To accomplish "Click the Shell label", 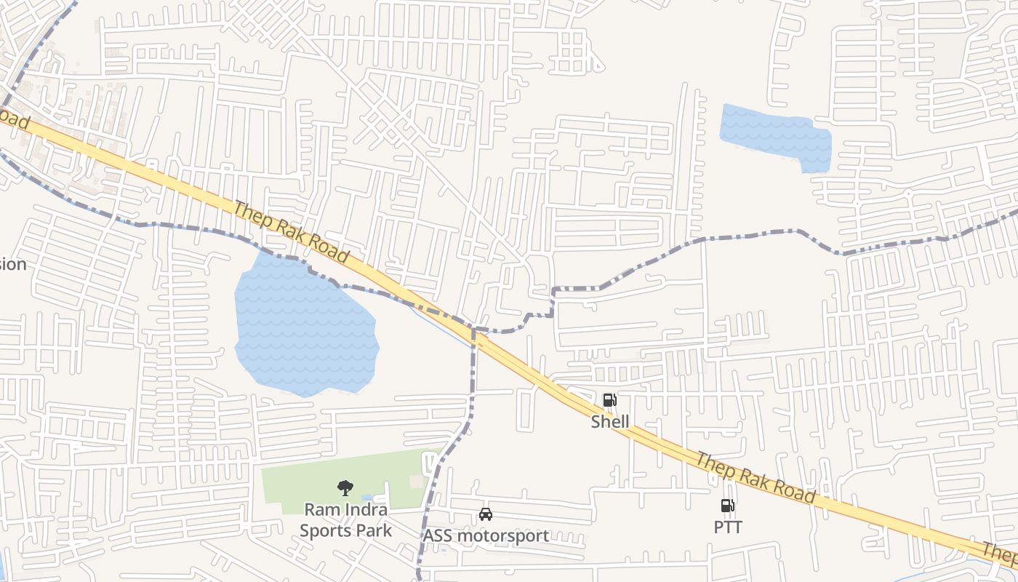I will click(609, 422).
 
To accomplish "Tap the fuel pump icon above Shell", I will click(609, 399).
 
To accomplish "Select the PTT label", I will click(727, 527).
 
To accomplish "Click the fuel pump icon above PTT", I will click(727, 505).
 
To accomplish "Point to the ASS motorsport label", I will click(486, 536).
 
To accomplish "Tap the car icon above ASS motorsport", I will click(486, 514).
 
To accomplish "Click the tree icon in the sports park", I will click(345, 487).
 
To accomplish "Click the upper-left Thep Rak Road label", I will click(290, 231).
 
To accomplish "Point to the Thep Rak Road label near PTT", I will click(754, 477).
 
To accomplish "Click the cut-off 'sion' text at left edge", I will click(13, 264).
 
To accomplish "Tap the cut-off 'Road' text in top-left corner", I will click(15, 119).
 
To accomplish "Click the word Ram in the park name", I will click(319, 509).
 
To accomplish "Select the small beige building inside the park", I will click(417, 482).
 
